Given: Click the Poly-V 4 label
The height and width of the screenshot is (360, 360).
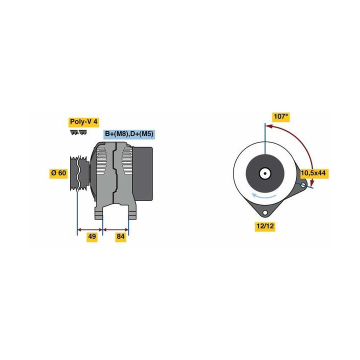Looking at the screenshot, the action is tap(83, 122).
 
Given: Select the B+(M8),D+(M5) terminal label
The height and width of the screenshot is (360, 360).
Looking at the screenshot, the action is tap(129, 134).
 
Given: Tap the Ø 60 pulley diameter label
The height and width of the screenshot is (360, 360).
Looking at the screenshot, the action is tap(58, 173).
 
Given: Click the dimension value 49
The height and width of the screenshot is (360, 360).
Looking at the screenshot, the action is tap(92, 236).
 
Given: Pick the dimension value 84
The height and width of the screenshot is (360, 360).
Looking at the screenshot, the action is tap(120, 236).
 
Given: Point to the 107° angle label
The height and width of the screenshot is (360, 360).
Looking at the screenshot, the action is tap(281, 117).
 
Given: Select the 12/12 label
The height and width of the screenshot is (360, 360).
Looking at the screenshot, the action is tap(265, 226).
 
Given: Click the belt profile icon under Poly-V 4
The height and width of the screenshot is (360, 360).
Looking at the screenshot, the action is tap(78, 132).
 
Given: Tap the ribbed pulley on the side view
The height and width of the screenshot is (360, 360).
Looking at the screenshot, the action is tap(79, 173).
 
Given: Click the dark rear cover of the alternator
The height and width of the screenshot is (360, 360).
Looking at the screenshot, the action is tap(143, 174).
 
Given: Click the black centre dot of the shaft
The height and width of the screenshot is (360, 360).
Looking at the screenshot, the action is tap(265, 173).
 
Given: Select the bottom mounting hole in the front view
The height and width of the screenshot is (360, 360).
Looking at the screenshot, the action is tap(265, 213).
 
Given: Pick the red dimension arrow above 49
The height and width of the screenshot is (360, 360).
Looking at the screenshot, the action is tap(90, 229).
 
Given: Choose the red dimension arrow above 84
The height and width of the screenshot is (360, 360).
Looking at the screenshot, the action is tap(115, 229).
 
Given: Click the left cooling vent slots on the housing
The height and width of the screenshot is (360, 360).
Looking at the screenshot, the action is tap(101, 160).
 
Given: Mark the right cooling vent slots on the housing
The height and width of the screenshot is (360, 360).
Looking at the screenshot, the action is tap(127, 160).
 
